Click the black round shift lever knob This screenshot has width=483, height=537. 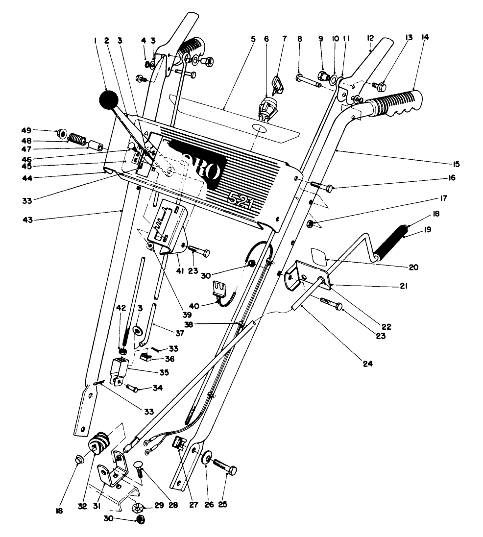coord(109,100)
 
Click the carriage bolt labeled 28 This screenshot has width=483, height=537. coord(140,470)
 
